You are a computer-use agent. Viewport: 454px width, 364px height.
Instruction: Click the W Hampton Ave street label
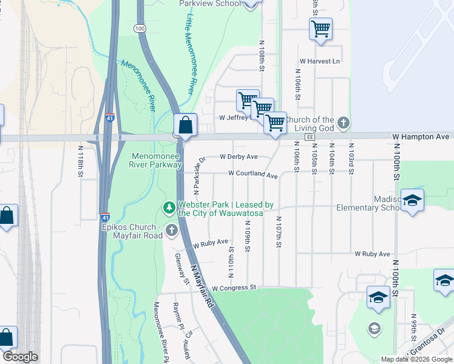421,137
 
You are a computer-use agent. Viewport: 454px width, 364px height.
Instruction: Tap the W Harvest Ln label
320,61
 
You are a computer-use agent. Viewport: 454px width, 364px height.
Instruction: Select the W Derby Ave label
239,157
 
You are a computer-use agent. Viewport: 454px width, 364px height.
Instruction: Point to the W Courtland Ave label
252,175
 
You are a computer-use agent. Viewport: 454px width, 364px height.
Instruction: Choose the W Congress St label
235,288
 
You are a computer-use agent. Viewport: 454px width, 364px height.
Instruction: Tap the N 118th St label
80,161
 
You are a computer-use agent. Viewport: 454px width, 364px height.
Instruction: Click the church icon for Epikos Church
172,230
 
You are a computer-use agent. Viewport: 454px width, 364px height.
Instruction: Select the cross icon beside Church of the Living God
343,123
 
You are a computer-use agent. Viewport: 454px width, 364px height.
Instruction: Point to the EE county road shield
310,138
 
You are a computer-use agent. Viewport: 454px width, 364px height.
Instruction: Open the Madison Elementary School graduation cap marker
412,201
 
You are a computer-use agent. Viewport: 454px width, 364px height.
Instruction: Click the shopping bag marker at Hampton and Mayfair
185,126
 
